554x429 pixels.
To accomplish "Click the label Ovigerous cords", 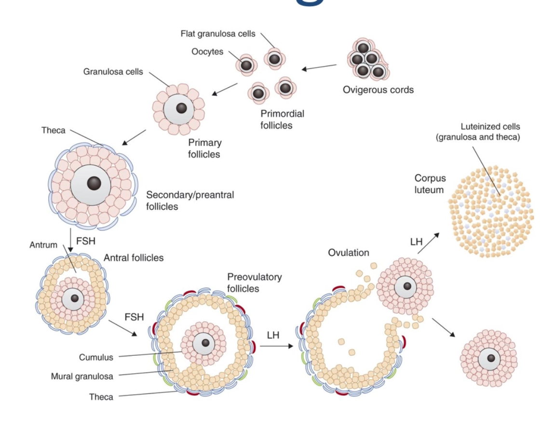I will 378,90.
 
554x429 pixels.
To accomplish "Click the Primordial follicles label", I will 282,120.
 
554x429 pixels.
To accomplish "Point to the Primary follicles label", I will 204,148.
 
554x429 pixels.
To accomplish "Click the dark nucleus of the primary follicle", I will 181,108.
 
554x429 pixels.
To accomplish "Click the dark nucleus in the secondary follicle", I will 94,183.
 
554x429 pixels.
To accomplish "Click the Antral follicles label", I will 134,258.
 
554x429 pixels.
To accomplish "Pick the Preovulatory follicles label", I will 254,283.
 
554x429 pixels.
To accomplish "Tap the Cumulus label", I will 96,357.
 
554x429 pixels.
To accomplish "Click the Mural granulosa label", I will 82,376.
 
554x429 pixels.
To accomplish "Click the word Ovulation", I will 349,253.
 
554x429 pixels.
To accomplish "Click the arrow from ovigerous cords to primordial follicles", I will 319,67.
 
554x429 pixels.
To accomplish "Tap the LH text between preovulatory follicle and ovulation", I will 273,334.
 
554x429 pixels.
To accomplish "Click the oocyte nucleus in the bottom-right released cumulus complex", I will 491,358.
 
